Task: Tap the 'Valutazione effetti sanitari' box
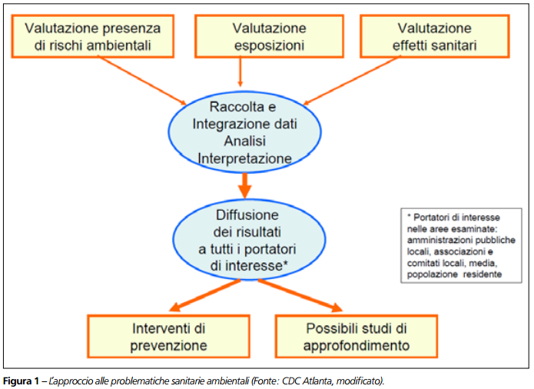434,36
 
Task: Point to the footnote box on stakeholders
460,244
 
